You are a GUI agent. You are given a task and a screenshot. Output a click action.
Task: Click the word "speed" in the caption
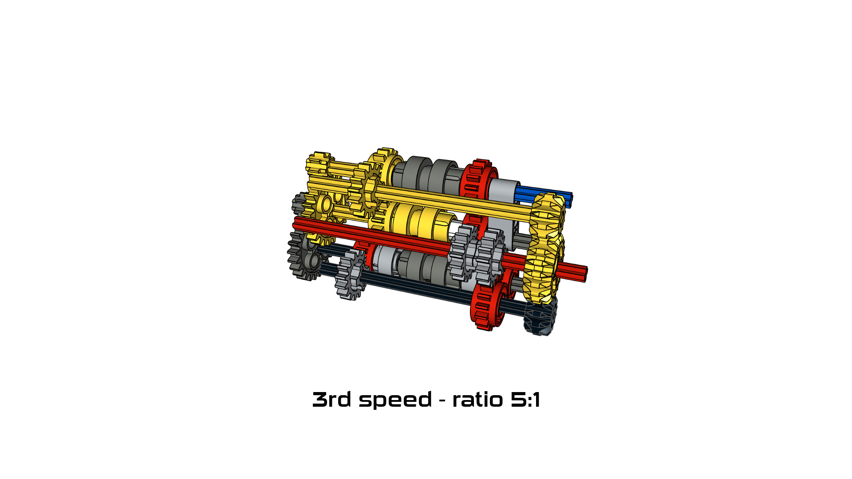coord(395,400)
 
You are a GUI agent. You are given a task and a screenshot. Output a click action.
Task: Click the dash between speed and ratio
coord(442,400)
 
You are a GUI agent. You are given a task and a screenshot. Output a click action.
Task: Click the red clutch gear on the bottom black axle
coord(488,306)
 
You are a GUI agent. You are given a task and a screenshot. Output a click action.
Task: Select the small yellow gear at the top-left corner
coord(318,163)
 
